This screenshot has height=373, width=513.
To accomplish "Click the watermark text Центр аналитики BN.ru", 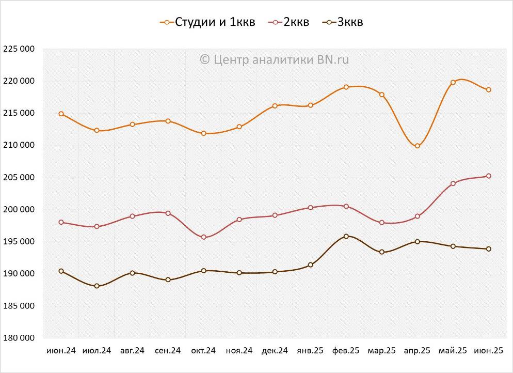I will coord(275,59).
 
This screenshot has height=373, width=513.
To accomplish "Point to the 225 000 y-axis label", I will coord(19,49).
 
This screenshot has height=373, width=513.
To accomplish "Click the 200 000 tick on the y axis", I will coord(19,209).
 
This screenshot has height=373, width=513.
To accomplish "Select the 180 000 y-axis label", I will coord(19,338).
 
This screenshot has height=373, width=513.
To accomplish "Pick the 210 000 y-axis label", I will coord(19,145).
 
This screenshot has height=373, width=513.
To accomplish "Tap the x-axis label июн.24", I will coord(61,351).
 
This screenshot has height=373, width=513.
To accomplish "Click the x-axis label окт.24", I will coord(203,351).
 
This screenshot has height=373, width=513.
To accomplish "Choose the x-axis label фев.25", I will coord(346,351).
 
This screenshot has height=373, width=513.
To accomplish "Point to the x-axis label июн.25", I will coord(488,351).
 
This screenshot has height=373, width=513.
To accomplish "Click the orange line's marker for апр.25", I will coord(418,146).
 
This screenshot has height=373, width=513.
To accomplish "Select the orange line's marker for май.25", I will coord(453,82).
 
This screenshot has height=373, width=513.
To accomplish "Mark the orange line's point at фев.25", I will coord(346,87).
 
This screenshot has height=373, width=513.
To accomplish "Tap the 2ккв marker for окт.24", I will coord(204,237).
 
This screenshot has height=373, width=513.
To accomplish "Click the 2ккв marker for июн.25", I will coord(489,176).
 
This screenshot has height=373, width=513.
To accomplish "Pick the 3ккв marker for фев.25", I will coord(346,236).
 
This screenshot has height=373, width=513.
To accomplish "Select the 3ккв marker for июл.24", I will coord(97,286).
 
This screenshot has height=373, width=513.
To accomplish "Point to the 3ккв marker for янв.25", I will coord(311,265).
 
